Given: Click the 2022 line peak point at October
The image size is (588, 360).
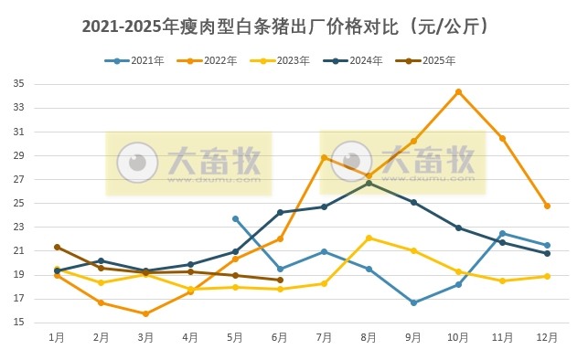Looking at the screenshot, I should coord(458,91).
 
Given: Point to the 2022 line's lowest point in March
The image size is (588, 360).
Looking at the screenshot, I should coord(145,313).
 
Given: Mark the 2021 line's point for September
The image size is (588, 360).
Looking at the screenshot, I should coord(413,302).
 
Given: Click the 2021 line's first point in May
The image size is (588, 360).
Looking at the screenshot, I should coord(235,218).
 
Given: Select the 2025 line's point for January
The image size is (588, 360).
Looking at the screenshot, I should coord(57,247).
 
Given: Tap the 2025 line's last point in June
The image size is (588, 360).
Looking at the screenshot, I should coord(280,281).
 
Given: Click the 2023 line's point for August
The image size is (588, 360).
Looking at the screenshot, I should coord(369,238).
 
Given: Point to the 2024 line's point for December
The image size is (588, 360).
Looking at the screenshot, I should coord(547,253).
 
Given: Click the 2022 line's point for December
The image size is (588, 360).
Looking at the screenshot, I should coord(547,206).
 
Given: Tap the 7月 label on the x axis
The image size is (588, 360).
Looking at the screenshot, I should coord(324,338).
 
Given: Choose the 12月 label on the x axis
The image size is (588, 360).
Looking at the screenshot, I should coord(547,338).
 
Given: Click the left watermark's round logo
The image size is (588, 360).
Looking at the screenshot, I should coord(137,163).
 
